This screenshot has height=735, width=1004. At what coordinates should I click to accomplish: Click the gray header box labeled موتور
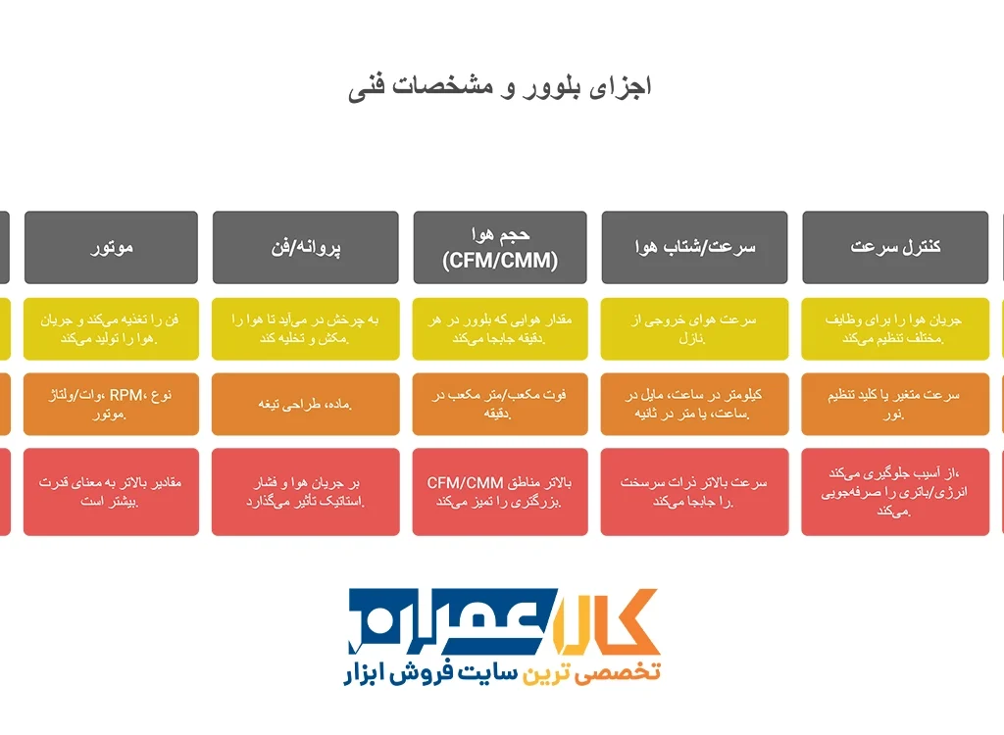coord(111,247)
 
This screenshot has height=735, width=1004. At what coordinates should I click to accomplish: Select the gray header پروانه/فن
coord(306,247)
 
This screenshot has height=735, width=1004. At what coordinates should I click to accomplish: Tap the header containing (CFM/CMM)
coord(500,247)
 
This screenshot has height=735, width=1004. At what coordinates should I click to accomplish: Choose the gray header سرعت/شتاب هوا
coord(695,247)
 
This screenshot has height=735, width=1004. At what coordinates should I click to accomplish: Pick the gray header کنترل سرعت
coord(895,247)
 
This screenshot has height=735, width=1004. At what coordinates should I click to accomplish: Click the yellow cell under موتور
coord(111,328)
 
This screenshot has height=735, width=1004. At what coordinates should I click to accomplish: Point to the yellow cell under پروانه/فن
coord(306,328)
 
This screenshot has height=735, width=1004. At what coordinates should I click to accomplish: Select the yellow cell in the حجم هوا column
coord(500,328)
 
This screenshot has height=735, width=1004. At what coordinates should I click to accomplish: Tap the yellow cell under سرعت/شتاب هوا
coord(695,328)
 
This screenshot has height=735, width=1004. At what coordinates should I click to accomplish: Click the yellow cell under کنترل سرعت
coord(895,328)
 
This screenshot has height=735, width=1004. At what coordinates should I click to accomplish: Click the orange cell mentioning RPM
coord(111,404)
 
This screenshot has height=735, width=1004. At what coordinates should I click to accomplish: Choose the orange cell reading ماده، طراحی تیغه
coord(306,404)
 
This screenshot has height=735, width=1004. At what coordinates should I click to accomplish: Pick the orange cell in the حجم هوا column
coord(500,404)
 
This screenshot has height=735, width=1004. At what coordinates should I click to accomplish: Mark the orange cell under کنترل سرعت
coord(895,404)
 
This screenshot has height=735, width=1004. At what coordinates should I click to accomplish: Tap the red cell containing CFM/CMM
coord(500,492)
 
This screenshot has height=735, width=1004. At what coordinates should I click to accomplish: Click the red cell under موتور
coord(111,492)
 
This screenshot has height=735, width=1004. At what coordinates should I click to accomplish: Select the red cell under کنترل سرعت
coord(895,492)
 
